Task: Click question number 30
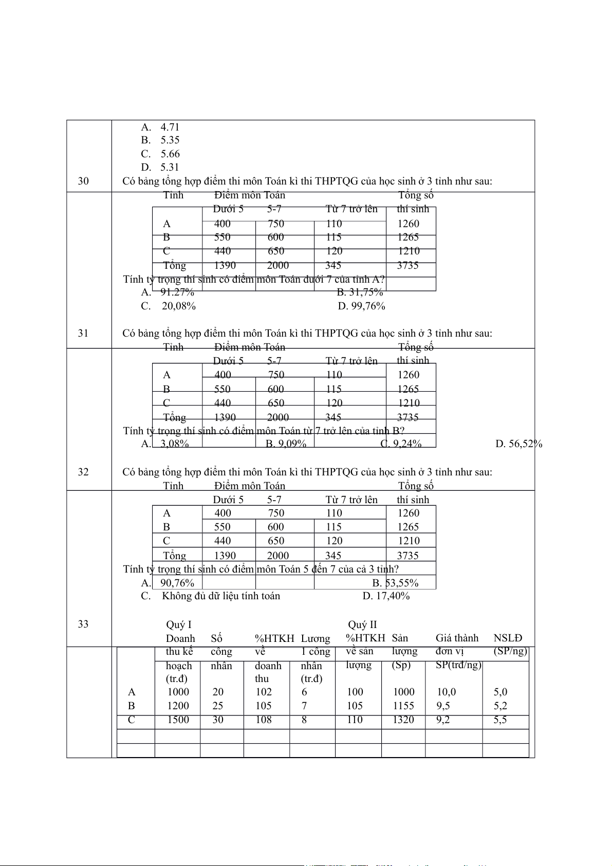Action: pos(83,181)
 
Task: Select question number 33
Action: pos(83,624)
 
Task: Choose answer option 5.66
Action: pos(170,154)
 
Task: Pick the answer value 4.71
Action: pos(170,127)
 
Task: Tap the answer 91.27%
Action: pos(177,292)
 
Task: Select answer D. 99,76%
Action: pos(362,306)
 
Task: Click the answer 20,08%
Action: pos(179,306)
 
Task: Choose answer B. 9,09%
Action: pos(286,444)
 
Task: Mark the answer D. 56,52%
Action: pos(519,444)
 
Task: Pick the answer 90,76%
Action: pos(177,583)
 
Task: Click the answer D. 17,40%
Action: pos(386,596)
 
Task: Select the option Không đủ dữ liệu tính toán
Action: pos(221,596)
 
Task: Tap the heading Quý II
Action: pos(362,624)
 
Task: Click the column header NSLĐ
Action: pos(508,638)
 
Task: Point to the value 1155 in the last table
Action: pos(403,706)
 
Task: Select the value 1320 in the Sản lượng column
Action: pos(403,720)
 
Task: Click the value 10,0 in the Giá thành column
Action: pos(446,692)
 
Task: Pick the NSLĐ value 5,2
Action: pos(500,706)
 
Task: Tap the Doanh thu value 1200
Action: pos(178,706)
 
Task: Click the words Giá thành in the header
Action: pos(457,638)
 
